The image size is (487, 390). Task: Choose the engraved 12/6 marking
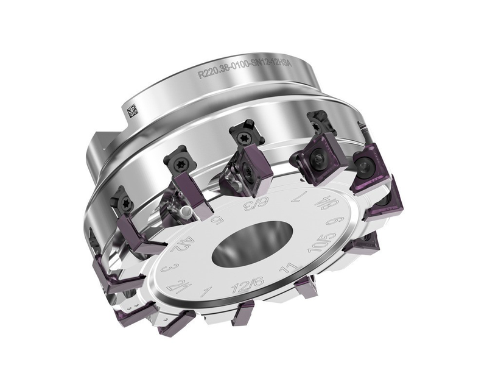(x=240, y=289)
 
